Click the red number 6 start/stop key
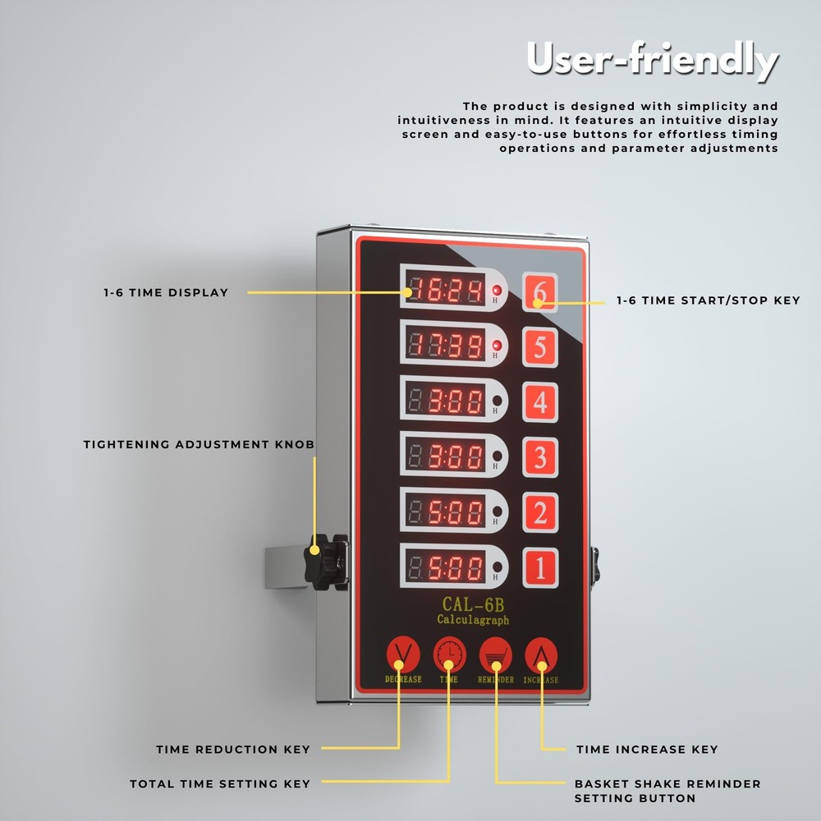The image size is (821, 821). pos(539,291)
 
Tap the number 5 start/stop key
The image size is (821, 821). pos(539,346)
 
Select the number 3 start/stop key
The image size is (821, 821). pos(539,457)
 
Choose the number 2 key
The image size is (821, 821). pos(539,513)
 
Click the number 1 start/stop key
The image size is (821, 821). pos(539,568)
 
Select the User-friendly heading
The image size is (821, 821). pos(651,59)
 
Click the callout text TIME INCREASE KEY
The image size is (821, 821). pos(647,749)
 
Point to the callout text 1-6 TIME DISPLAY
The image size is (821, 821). pos(166,292)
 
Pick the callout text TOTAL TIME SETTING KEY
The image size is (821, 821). pos(220,784)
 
